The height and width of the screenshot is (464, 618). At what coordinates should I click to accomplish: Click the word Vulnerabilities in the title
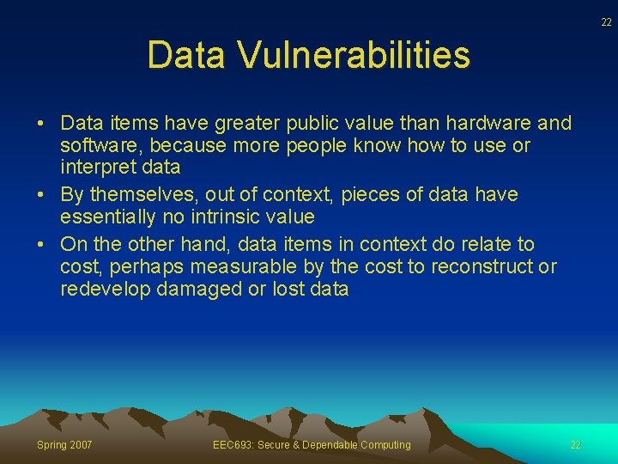(354, 55)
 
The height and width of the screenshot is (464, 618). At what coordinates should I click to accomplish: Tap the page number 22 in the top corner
(606, 22)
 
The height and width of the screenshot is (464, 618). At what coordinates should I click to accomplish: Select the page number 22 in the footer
(576, 444)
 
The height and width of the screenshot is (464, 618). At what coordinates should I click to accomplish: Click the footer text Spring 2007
(64, 444)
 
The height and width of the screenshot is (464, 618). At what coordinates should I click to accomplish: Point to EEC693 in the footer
(231, 444)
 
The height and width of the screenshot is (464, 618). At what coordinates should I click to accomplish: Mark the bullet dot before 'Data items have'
(41, 123)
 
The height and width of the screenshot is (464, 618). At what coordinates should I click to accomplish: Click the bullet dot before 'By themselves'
(41, 195)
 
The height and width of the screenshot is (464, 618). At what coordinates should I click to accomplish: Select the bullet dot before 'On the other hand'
(41, 245)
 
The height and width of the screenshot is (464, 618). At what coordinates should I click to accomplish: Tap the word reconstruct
(481, 267)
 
